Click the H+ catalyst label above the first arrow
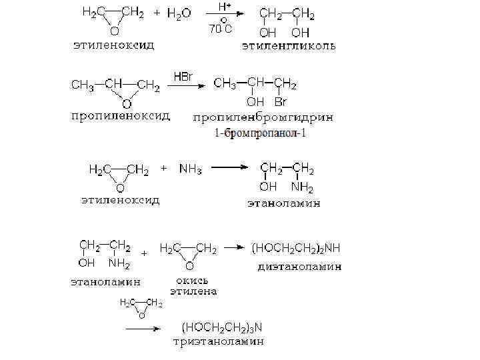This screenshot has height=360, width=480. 225,7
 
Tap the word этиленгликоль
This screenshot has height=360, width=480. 288,47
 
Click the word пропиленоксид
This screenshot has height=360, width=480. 121,116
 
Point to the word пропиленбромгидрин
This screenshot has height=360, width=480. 263,118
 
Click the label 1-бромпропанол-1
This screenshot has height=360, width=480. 262,133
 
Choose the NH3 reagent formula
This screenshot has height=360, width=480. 190,169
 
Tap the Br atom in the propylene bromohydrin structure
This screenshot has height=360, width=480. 280,102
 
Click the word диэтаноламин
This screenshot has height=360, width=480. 299,267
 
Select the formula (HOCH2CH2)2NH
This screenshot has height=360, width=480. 295,249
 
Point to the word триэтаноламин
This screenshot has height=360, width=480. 219,342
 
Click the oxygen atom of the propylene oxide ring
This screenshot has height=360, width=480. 126,103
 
